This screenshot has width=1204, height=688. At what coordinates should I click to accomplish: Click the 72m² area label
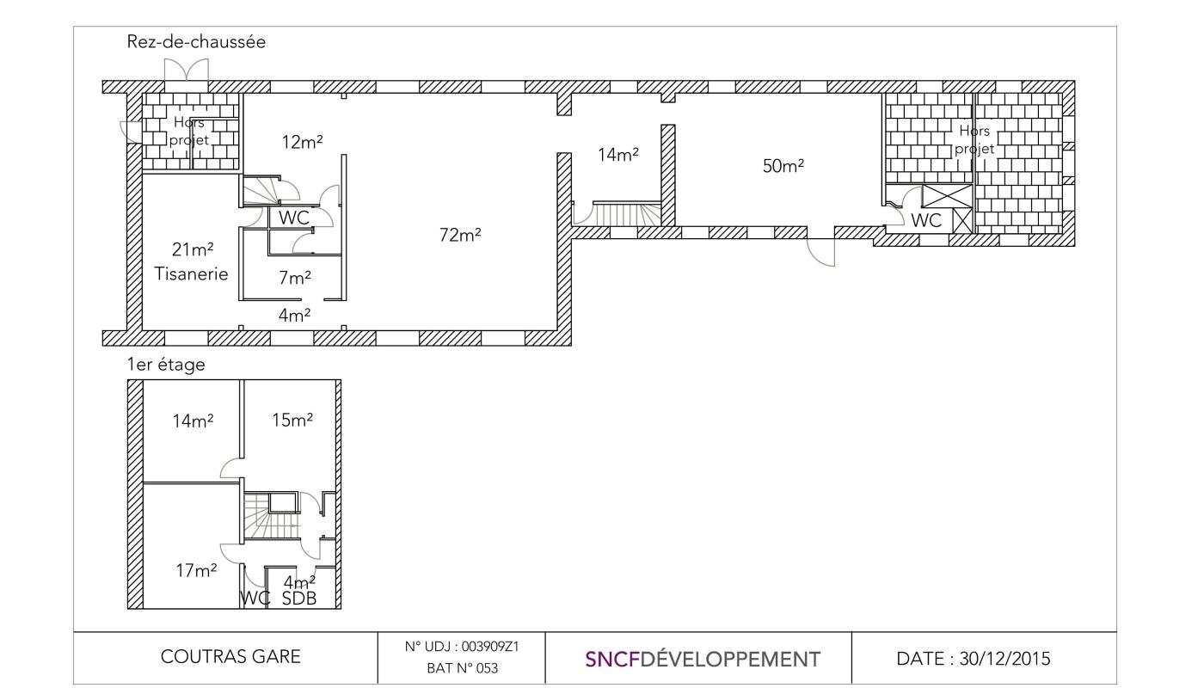tap(460, 235)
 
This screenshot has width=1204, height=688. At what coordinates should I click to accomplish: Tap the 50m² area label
tap(783, 166)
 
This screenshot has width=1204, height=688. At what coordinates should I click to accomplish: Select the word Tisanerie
tap(191, 274)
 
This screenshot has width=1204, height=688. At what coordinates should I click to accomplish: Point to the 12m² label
tap(302, 142)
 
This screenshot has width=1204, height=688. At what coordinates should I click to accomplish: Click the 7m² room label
tap(294, 278)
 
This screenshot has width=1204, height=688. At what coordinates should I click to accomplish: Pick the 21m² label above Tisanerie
tap(193, 249)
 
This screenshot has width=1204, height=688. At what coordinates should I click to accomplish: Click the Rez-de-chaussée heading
tap(196, 42)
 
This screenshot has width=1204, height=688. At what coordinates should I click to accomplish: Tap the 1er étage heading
tap(165, 365)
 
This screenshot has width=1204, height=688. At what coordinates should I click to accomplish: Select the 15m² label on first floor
tap(292, 420)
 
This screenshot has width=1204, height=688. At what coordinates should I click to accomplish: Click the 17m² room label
tap(196, 570)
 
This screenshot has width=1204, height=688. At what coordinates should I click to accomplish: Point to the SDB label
tap(299, 599)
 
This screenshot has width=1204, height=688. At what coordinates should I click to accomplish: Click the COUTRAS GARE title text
tap(230, 657)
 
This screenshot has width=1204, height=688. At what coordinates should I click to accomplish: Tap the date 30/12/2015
tap(1004, 659)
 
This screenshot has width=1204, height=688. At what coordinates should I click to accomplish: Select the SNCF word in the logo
tap(612, 660)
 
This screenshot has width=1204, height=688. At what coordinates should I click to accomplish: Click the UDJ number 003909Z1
tap(491, 647)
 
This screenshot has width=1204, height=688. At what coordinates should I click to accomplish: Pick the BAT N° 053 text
tap(463, 668)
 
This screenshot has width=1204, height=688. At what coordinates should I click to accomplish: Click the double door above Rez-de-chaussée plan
tap(186, 70)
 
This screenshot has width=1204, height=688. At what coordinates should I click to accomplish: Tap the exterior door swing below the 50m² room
tap(820, 253)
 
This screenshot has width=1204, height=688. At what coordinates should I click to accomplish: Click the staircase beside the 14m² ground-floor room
tap(627, 213)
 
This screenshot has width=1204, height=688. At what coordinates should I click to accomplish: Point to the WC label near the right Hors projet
tap(926, 220)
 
